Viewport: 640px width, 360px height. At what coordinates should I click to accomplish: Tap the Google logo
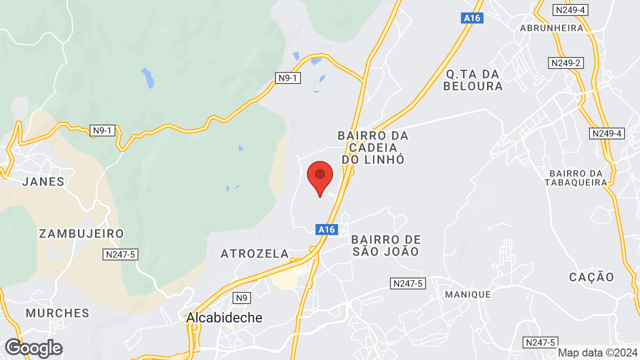click(33, 348)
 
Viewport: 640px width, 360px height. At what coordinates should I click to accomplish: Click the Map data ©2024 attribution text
click(597, 352)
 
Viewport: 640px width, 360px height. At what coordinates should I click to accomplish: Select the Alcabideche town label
click(224, 317)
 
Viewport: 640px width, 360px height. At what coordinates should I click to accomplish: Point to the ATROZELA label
click(255, 254)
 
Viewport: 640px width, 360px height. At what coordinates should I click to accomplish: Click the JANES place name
click(43, 181)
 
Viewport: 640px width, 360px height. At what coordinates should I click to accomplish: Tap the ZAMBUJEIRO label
click(81, 233)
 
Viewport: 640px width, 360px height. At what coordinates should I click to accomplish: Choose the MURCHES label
click(57, 313)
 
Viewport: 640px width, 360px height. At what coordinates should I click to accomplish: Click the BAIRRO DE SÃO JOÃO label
click(386, 245)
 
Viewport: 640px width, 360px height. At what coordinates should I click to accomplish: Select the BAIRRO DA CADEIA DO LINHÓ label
click(373, 147)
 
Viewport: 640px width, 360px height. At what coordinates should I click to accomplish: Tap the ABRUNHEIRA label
click(552, 28)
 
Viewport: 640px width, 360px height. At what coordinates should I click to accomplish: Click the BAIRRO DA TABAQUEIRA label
click(575, 177)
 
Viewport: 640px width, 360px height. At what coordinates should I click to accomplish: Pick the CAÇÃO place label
click(591, 277)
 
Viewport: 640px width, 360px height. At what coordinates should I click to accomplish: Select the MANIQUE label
click(468, 294)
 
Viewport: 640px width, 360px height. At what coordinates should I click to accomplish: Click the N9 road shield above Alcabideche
click(241, 298)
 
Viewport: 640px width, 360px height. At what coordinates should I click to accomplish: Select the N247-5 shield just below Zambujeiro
click(120, 254)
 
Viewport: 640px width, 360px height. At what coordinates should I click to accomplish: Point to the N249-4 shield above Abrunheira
click(570, 10)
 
